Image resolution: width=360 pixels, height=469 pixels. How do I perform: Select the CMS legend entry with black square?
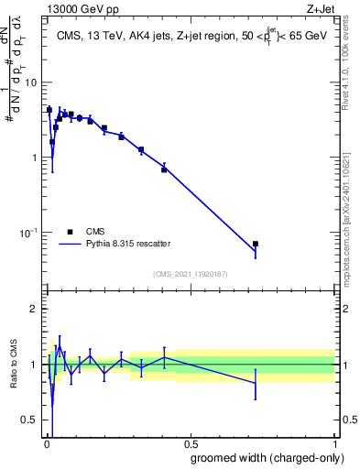(x=71, y=232)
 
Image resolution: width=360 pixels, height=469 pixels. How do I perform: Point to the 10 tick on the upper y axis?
(x=30, y=82)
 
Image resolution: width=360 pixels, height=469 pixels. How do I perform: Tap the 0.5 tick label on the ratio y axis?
(x=28, y=420)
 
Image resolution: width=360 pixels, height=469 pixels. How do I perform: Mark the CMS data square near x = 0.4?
(x=164, y=169)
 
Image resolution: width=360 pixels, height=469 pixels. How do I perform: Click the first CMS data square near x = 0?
(x=49, y=110)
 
